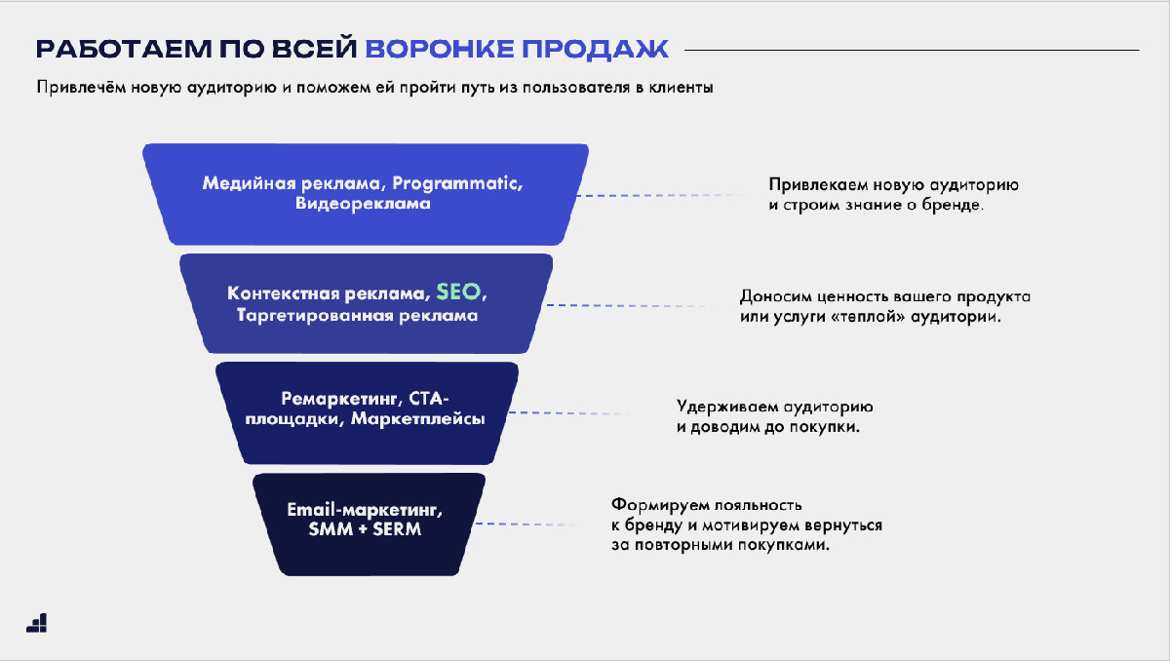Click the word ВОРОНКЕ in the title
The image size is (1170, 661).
coord(440,49)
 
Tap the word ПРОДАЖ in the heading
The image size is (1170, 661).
coord(596,49)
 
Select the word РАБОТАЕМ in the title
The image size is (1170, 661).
coord(124,49)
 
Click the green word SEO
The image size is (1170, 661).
coord(458,292)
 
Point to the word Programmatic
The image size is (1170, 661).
coord(457,184)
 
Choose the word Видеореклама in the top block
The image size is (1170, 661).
coord(363,203)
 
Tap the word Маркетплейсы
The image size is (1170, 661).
coord(418,419)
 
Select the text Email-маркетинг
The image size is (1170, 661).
coord(365,510)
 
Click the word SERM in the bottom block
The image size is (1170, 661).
coord(397,529)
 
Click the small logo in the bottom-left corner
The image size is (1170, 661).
coord(37,623)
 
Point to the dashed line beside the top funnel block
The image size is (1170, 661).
coord(661,195)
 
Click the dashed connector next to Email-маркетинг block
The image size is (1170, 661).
coord(526,524)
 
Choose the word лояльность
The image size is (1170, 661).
coord(758,505)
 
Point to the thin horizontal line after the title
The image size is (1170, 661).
coord(912,50)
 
